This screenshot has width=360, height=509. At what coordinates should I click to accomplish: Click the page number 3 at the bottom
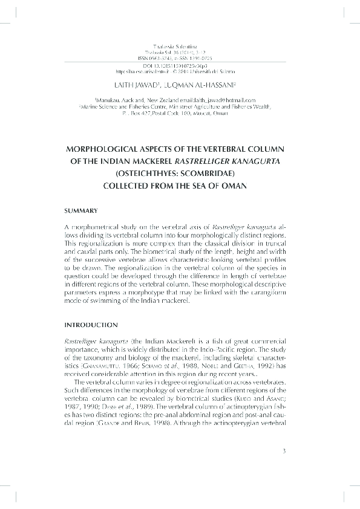tap(283, 467)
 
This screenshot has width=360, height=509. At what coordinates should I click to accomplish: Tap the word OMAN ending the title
tap(234, 186)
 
